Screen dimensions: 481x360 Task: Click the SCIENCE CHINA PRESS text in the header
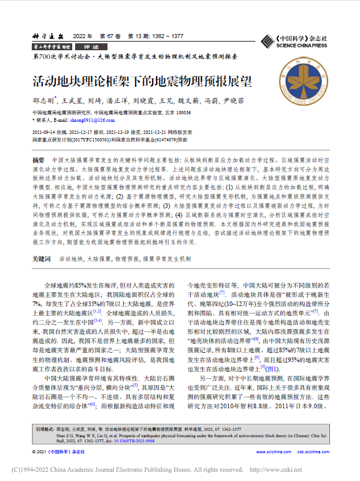301,45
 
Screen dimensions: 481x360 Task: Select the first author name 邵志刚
44,100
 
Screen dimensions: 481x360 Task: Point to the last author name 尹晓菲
233,100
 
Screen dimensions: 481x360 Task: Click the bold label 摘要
38,159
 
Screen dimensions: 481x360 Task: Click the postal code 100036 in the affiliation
183,113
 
